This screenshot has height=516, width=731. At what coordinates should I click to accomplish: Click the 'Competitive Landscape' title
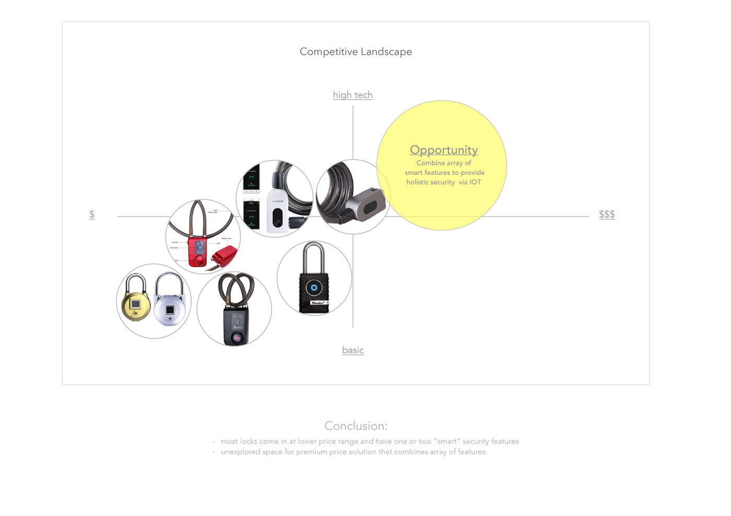(x=356, y=52)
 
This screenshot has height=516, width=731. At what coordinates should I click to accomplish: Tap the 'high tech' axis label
(x=353, y=95)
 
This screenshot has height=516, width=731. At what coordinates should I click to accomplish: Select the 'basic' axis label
(x=353, y=350)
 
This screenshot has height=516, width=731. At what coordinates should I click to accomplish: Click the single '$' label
(x=92, y=214)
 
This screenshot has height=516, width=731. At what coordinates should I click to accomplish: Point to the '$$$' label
(x=607, y=214)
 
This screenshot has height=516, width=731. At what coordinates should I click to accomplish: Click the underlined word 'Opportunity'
(x=444, y=150)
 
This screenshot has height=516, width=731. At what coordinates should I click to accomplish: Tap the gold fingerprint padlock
(x=135, y=305)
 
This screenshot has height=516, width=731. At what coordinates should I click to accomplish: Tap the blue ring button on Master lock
(x=313, y=287)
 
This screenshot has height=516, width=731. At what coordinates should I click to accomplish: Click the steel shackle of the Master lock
(x=313, y=255)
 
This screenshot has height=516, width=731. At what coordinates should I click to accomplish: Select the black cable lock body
(x=236, y=326)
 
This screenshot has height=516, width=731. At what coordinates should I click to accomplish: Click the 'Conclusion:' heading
(x=356, y=426)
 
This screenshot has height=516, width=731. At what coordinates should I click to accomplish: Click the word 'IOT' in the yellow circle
(x=475, y=182)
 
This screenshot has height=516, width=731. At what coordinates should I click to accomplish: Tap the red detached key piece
(x=223, y=256)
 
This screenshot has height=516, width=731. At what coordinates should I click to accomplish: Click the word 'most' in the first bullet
(x=229, y=441)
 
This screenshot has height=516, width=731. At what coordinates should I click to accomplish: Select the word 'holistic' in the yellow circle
(x=419, y=182)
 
